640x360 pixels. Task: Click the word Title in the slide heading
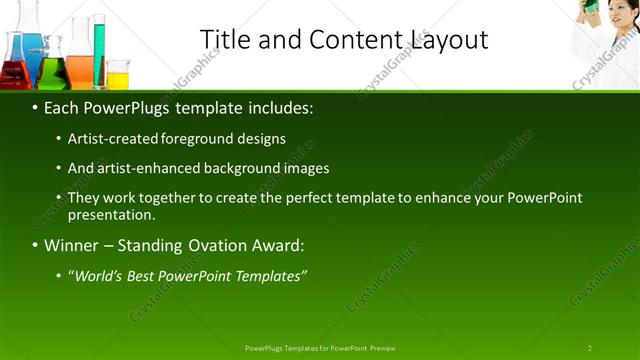click(x=225, y=39)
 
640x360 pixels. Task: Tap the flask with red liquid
click(x=14, y=70)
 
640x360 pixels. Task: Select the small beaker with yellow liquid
click(x=118, y=75)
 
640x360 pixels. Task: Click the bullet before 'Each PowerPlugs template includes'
click(x=36, y=108)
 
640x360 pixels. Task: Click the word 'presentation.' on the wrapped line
click(x=111, y=215)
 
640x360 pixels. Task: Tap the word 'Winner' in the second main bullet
click(x=75, y=245)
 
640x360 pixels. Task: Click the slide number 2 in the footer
click(x=589, y=347)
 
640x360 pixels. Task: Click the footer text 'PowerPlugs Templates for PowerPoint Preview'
click(x=320, y=347)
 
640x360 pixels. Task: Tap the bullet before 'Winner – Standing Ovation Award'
click(x=36, y=245)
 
